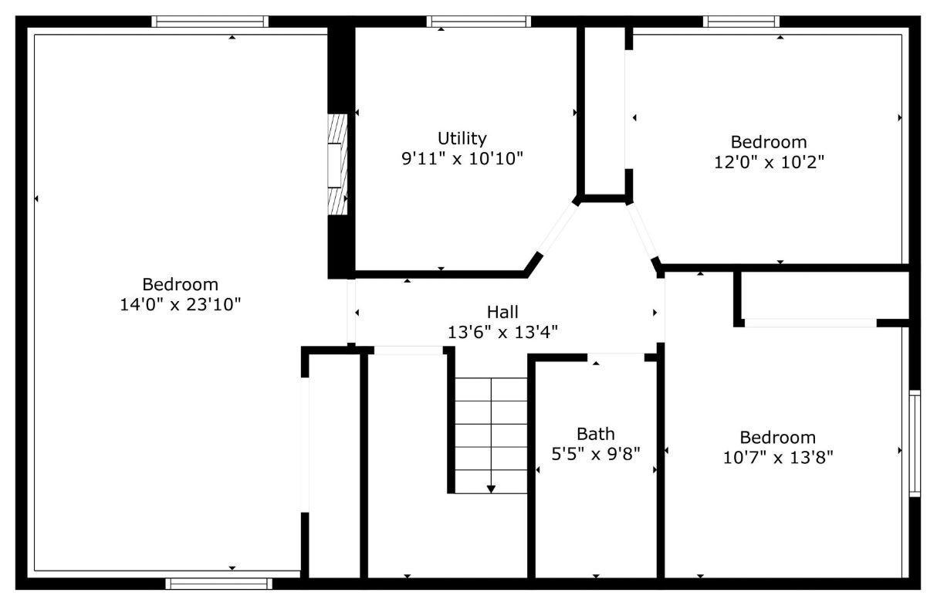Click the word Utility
(462, 138)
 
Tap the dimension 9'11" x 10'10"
(462, 159)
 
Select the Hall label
(502, 312)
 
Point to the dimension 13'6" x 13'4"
(502, 333)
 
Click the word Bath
(596, 434)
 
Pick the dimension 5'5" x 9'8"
(596, 454)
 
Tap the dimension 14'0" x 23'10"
(181, 305)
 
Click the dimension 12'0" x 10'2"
(769, 162)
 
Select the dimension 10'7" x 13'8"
(778, 458)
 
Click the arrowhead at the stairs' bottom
(491, 489)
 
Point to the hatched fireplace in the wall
(337, 164)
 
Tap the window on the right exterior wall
(915, 443)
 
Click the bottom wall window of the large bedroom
(218, 584)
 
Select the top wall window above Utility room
(479, 22)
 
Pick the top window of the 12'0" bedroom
(741, 22)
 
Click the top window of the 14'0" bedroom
(210, 22)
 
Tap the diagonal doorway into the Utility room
(557, 229)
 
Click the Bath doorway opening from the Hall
(616, 357)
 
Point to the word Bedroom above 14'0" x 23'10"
(181, 285)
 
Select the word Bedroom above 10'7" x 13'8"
(778, 438)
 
